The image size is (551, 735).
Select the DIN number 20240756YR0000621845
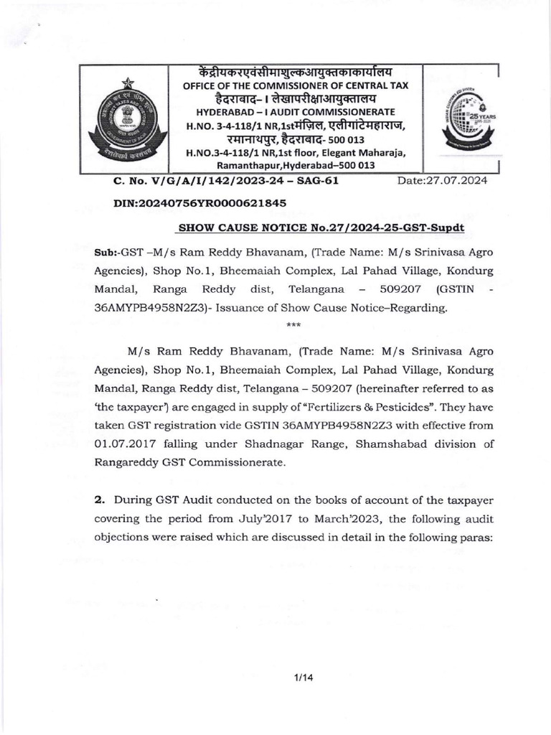[200, 203]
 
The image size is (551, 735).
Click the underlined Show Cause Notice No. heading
[321, 227]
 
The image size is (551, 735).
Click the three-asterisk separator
[293, 326]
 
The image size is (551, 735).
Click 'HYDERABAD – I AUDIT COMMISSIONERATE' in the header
[295, 113]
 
